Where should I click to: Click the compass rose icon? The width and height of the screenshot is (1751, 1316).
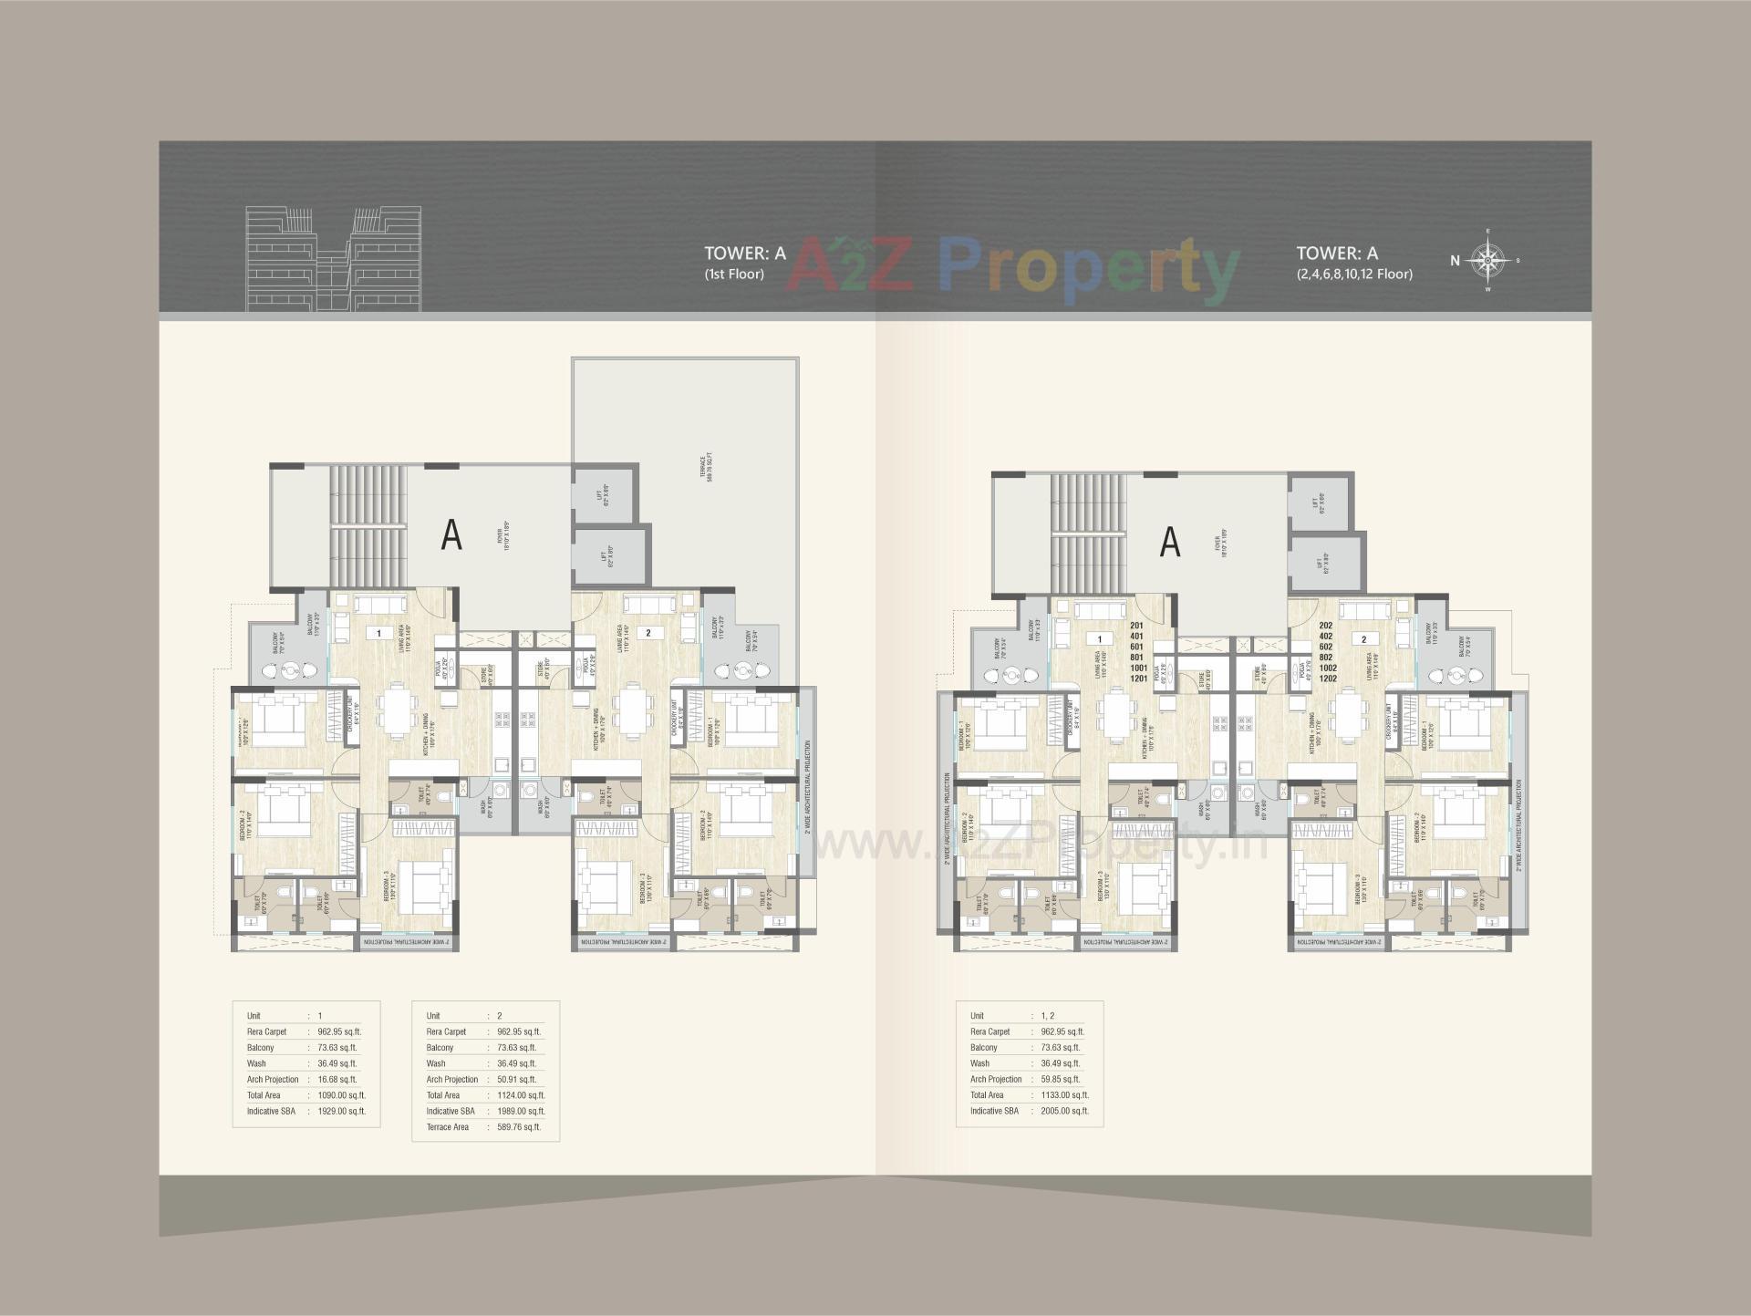1487,261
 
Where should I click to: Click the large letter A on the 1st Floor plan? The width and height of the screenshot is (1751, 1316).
451,535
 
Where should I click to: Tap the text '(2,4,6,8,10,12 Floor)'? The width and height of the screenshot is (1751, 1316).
1354,274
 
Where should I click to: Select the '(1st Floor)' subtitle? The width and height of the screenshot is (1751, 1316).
734,274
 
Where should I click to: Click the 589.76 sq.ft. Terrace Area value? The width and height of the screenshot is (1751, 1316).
520,1127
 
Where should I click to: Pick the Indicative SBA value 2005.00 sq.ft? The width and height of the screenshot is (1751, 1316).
1064,1111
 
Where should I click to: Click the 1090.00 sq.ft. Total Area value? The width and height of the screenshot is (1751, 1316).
341,1095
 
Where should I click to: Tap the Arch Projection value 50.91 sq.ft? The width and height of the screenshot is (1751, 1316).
517,1079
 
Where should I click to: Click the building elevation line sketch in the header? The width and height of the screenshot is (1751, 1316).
334,259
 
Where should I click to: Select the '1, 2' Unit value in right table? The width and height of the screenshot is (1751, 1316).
1048,1016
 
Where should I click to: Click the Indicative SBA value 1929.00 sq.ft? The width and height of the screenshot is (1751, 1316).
341,1111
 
